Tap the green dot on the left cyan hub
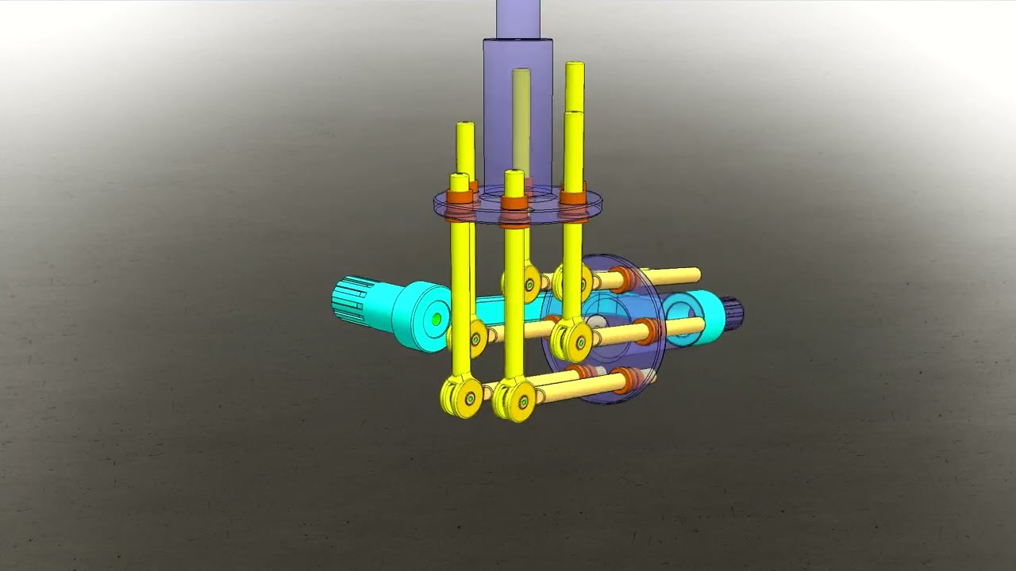click(436, 319)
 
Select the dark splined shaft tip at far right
click(733, 312)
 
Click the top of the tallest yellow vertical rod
click(575, 67)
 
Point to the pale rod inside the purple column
click(521, 119)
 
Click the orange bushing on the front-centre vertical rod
click(514, 202)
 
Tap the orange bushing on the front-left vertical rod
click(459, 197)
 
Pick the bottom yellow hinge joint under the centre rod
click(514, 400)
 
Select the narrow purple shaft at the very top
click(518, 17)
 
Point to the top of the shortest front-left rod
click(459, 178)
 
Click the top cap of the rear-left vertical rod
click(465, 127)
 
